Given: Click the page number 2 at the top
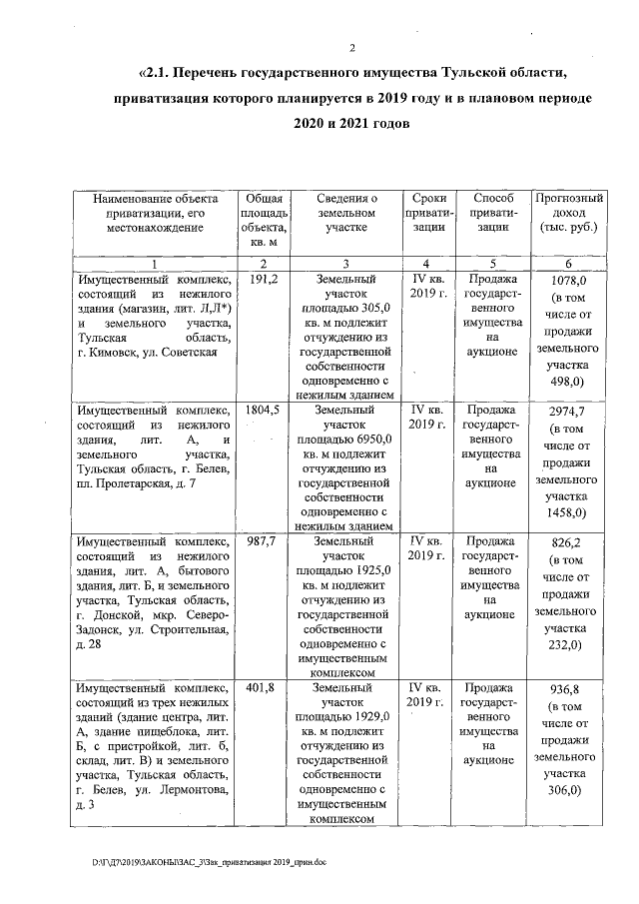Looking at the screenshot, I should [353, 50].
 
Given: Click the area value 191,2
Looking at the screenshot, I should [262, 280].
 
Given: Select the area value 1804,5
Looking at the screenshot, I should [262, 411].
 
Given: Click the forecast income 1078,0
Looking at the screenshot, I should [568, 282].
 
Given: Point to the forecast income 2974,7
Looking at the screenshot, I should [568, 412].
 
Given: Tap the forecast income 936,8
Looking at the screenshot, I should [568, 690].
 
